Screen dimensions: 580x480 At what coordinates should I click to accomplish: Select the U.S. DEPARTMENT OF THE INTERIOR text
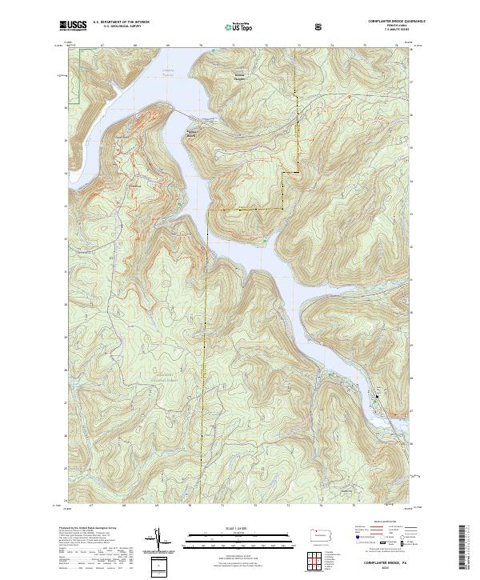[121, 22]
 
